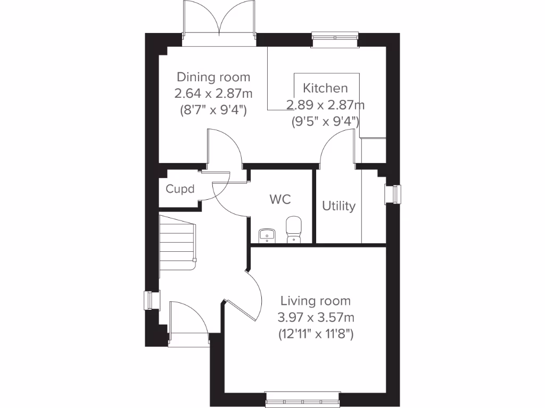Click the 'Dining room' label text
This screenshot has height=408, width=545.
213,78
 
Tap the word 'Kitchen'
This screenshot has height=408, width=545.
325,88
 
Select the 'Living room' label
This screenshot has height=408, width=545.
316,301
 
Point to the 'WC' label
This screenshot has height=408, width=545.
280,200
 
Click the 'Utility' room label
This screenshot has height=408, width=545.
338,206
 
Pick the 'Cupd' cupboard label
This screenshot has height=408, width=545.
180,189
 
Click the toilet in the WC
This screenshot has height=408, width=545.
294,229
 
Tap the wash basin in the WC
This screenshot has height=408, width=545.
266,234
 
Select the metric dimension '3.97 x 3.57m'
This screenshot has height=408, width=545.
316,318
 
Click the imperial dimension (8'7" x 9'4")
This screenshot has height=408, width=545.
213,110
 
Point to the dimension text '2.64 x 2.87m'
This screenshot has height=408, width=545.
213,94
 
